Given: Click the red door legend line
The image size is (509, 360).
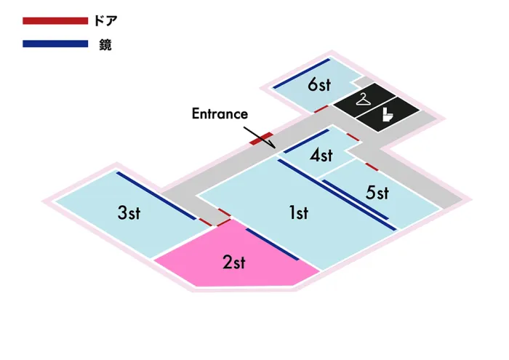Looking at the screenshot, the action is pyautogui.click(x=55, y=21).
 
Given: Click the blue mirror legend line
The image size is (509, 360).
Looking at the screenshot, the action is pyautogui.click(x=55, y=44).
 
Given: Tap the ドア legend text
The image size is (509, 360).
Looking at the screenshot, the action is pyautogui.click(x=105, y=21).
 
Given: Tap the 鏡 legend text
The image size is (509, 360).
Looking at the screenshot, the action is pyautogui.click(x=105, y=44).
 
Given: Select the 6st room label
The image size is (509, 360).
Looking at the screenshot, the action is pyautogui.click(x=319, y=84).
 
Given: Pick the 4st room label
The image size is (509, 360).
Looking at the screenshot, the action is pyautogui.click(x=321, y=155).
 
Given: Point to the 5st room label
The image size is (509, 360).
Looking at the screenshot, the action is pyautogui.click(x=377, y=192).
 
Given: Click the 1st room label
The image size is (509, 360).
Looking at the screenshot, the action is pyautogui.click(x=299, y=213).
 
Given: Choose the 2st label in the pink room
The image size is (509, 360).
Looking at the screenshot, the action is pyautogui.click(x=234, y=262).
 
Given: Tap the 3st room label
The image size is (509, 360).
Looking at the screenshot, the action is pyautogui.click(x=129, y=213).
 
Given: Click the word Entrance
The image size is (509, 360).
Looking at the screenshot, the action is pyautogui.click(x=220, y=113).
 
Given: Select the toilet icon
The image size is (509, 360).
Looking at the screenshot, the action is pyautogui.click(x=387, y=115).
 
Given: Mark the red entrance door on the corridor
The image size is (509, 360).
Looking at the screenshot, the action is pyautogui.click(x=261, y=139).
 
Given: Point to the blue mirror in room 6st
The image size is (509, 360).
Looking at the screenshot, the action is pyautogui.click(x=302, y=73).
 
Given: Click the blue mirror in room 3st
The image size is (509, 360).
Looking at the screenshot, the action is pyautogui.click(x=156, y=196).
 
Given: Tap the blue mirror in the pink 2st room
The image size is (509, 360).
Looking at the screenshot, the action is pyautogui.click(x=272, y=244).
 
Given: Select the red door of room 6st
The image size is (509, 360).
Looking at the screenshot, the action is pyautogui.click(x=321, y=109).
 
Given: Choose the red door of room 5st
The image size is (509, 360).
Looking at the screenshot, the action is pyautogui.click(x=372, y=167).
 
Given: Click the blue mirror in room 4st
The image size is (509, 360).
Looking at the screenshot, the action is pyautogui.click(x=306, y=141).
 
